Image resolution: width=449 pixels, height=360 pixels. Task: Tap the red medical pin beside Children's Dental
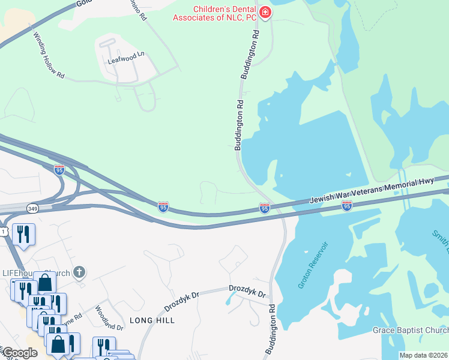[265, 11]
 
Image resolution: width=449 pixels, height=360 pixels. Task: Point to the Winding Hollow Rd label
[49, 55]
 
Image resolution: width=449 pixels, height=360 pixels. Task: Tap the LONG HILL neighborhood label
[152, 320]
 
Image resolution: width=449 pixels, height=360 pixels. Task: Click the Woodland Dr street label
[109, 319]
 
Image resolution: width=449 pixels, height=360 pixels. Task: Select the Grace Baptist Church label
[410, 331]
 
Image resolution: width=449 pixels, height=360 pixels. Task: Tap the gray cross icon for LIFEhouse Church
[79, 273]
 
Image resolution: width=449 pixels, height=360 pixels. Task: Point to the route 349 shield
[33, 208]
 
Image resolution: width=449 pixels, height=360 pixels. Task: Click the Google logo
[20, 353]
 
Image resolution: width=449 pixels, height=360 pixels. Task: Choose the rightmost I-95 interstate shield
[346, 206]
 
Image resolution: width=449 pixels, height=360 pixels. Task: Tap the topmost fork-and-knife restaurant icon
[23, 233]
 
